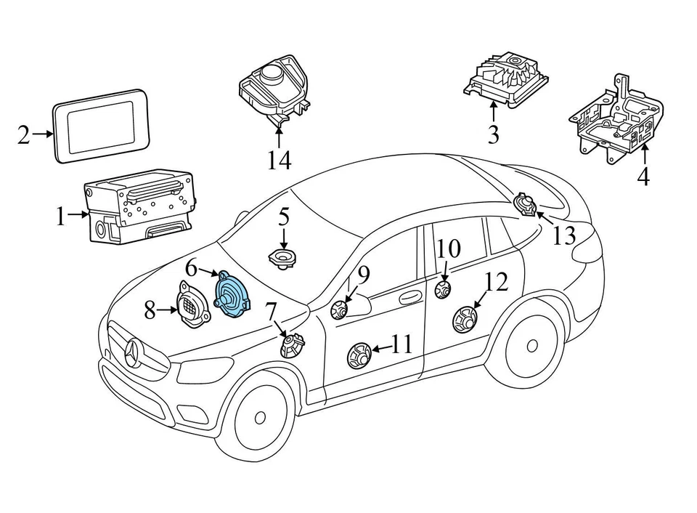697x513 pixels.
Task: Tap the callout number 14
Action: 279,159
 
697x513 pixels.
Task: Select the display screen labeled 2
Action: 102,126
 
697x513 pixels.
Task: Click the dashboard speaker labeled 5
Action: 283,259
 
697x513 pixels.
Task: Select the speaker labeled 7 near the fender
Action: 292,344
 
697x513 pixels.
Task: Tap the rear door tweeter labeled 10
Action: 442,291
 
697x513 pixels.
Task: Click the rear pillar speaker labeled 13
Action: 524,205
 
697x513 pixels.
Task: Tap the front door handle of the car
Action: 410,296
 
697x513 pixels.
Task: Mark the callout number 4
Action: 643,177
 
